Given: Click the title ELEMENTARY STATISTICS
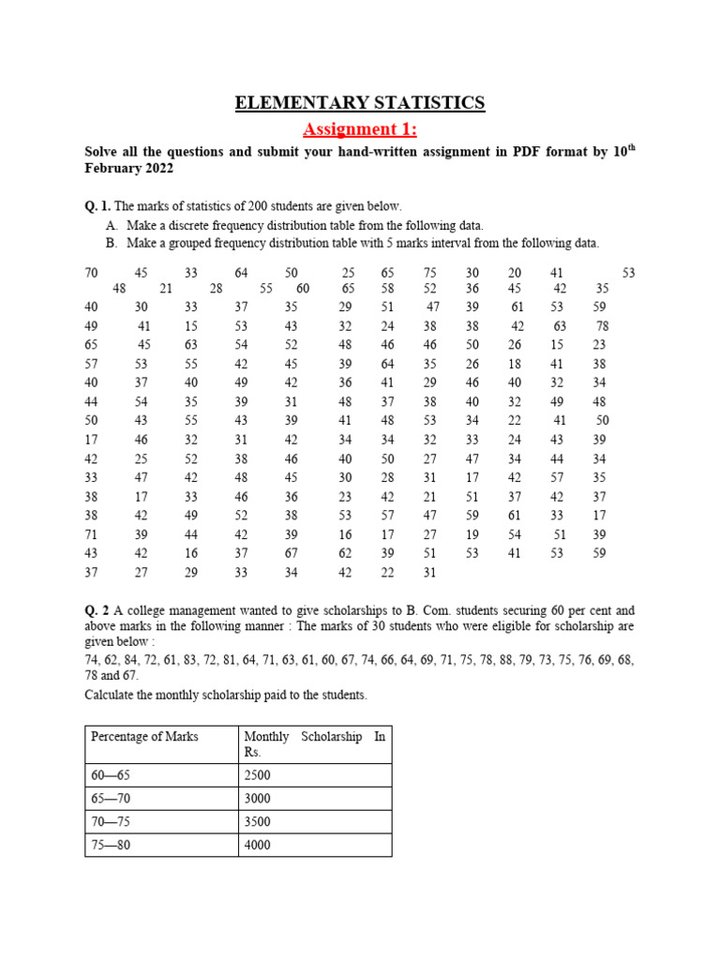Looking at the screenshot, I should tap(360, 103).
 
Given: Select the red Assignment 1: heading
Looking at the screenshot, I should tap(360, 128).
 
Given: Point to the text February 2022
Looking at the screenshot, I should tap(128, 169).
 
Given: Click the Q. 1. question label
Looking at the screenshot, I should tap(97, 206).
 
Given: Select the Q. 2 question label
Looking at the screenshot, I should tap(97, 610).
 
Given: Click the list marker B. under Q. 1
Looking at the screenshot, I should tap(112, 243).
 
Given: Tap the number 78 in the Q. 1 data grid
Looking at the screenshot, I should tap(602, 326).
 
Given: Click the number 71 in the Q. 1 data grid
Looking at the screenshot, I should tap(91, 533).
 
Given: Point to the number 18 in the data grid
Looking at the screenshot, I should tap(515, 364).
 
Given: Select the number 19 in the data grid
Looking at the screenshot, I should tap(472, 533).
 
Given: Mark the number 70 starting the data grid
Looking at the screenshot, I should tap(91, 273).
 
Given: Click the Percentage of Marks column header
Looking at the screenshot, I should tap(144, 737).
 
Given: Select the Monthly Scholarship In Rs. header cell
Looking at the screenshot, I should tap(314, 744).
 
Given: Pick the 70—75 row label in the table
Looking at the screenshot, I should tap(109, 822).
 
